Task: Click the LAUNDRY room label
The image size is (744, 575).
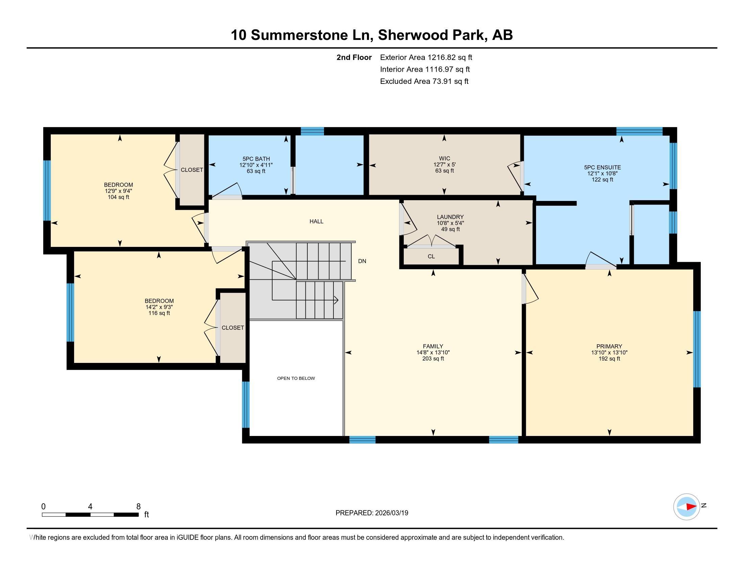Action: [x=450, y=217]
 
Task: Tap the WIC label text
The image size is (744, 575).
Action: [x=445, y=158]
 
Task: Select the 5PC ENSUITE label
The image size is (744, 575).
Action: [x=602, y=167]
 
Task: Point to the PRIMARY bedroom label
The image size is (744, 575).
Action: [x=609, y=346]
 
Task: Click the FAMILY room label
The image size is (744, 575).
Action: [x=433, y=346]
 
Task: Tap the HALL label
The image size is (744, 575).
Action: [x=317, y=222]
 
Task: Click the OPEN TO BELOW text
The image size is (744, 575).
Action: [x=296, y=378]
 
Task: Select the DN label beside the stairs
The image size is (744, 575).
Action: [x=362, y=261]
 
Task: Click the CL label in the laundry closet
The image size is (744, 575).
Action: [x=431, y=256]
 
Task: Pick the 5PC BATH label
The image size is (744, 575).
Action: [x=256, y=159]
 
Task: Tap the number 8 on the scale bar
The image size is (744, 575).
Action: [x=138, y=507]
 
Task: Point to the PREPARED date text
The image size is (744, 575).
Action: [x=372, y=513]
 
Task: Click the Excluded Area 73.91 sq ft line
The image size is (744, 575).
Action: [x=424, y=82]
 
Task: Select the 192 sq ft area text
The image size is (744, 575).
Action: [x=609, y=359]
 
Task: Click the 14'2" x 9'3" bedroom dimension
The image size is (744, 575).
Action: [x=159, y=307]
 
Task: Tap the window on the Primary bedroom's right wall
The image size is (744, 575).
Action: [x=697, y=349]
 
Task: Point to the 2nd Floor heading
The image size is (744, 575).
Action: [x=354, y=57]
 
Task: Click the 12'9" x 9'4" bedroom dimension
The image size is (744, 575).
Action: [x=118, y=191]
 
